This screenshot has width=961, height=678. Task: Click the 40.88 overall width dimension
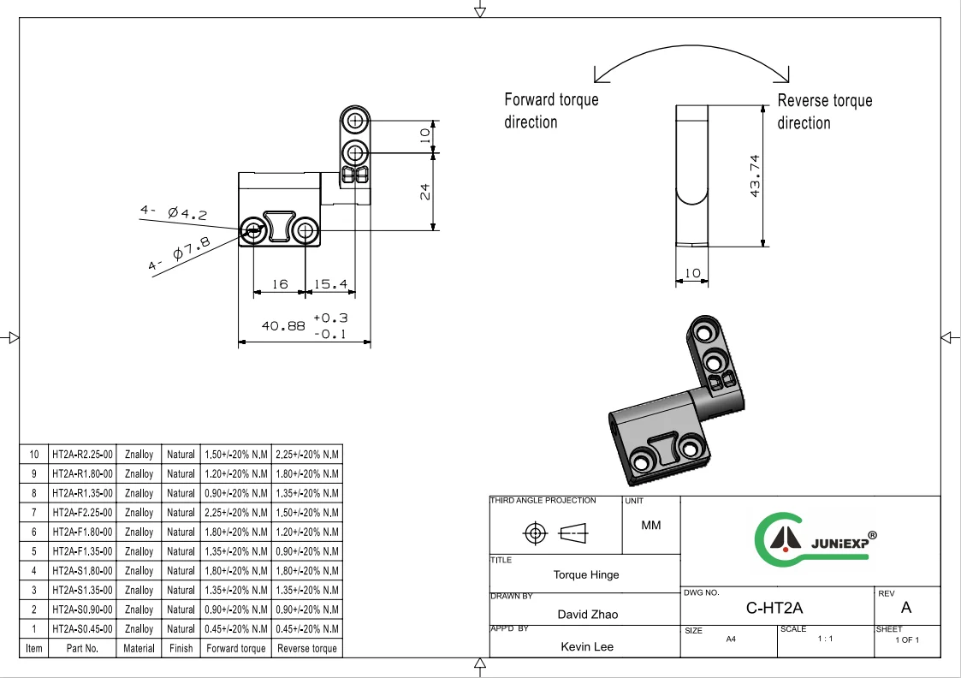283,326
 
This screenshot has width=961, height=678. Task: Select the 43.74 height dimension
755,175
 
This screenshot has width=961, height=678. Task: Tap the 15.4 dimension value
329,284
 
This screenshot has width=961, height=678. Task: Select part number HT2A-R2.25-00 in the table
82,455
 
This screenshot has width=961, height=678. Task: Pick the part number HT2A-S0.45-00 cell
82,629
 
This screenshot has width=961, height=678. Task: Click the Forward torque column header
235,649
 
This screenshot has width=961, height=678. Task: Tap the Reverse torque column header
306,649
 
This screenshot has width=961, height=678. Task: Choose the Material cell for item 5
139,551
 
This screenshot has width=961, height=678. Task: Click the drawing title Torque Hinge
585,574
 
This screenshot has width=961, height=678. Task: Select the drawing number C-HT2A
774,609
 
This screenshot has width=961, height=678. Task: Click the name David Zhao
587,614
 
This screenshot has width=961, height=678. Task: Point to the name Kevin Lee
587,646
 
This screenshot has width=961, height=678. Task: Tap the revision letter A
906,609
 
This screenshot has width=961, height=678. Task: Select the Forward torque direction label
551,110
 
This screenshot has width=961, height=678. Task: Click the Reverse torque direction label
824,111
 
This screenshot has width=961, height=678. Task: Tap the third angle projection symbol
555,534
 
